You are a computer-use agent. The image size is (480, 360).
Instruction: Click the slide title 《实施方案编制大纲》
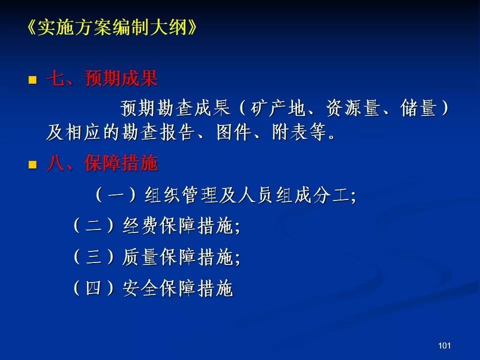(111, 27)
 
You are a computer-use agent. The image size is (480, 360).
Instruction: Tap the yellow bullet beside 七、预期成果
(32, 80)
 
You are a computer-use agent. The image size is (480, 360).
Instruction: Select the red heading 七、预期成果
(102, 78)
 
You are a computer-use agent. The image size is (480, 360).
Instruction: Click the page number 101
(444, 345)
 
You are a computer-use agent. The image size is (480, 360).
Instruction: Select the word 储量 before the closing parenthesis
(418, 108)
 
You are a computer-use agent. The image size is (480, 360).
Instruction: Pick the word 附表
(290, 132)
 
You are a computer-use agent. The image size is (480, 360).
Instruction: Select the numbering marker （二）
(93, 226)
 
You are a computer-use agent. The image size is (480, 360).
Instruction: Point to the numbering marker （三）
(93, 257)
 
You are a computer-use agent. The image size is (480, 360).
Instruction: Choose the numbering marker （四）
(93, 288)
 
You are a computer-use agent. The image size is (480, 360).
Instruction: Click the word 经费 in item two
(140, 226)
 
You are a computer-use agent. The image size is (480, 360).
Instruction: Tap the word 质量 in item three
(140, 257)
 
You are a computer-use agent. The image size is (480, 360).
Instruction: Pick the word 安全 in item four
(140, 288)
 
